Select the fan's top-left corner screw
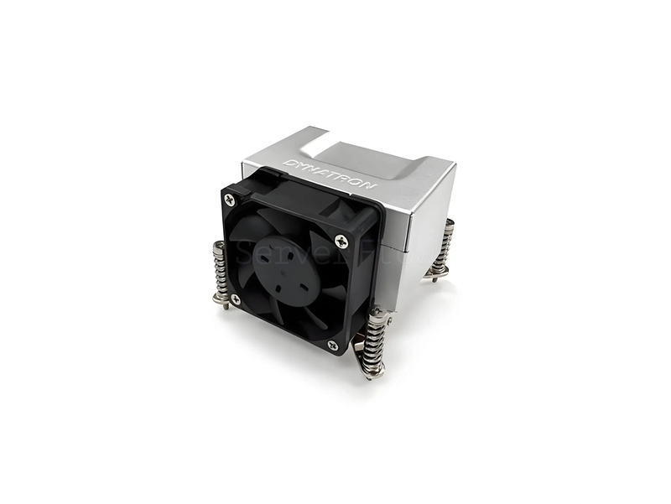click(228, 198)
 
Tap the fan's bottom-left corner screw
click(236, 299)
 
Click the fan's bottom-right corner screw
click(333, 345)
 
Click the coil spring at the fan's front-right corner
click(377, 340)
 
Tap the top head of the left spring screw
click(219, 246)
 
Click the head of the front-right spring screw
click(378, 314)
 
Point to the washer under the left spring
click(220, 295)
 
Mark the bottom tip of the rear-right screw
click(434, 278)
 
